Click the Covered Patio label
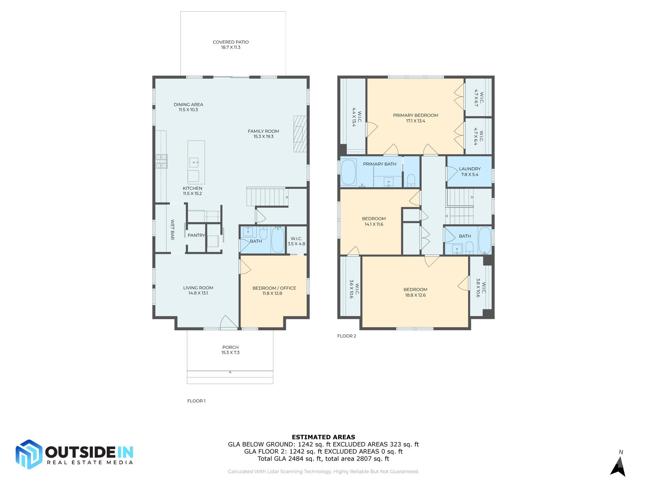(231, 42)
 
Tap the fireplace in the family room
(300, 134)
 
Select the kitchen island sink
(194, 162)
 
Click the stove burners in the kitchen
(161, 161)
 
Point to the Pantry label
(196, 235)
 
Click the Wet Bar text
(172, 230)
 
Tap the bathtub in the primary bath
(348, 172)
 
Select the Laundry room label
(470, 169)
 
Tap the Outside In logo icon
(29, 454)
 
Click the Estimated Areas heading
(323, 437)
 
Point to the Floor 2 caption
(347, 336)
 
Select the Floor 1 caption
(196, 401)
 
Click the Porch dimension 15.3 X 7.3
(230, 353)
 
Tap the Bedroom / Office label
(274, 288)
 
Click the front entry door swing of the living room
(228, 322)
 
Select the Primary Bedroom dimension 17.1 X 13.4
(415, 121)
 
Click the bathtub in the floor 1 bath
(278, 240)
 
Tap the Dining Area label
(188, 105)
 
